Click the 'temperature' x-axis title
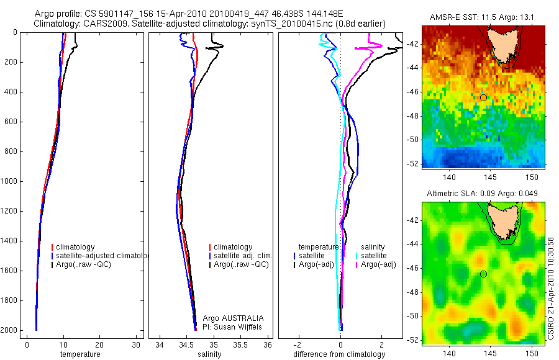tap(80, 354)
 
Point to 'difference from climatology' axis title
tap(339, 354)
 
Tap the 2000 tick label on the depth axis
tap(9, 330)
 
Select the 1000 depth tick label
tap(9, 181)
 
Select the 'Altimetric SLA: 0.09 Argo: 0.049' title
tap(482, 194)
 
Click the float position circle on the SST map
tap(483, 97)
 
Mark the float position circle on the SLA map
tap(483, 274)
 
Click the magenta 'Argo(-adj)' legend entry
tap(378, 265)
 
